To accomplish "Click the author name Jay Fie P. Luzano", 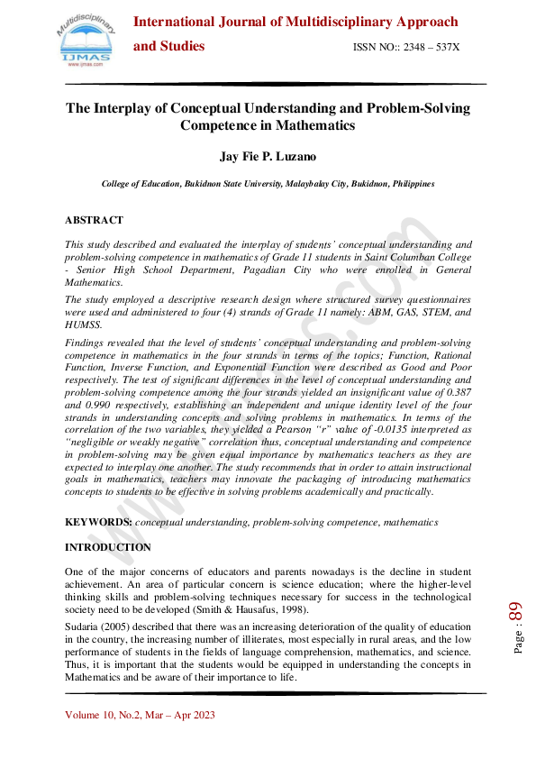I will [268, 156].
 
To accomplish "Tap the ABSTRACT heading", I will [94, 220].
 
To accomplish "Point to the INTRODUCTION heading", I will [108, 547].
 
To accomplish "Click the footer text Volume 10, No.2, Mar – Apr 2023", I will [140, 715].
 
